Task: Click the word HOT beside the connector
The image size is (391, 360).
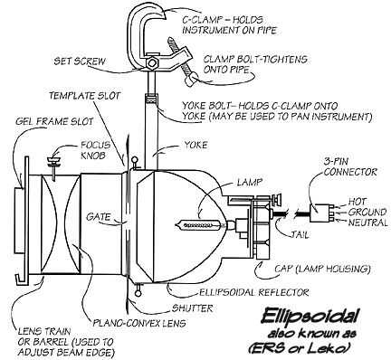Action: point(358,202)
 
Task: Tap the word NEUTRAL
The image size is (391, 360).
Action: point(367,223)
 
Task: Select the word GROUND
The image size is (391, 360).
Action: point(367,213)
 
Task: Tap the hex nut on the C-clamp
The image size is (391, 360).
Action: point(152,63)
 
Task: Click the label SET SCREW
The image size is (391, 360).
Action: point(80,62)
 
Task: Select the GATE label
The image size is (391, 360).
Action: point(99,216)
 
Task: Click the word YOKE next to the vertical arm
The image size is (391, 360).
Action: point(195,145)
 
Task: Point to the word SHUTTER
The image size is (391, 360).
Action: point(193,308)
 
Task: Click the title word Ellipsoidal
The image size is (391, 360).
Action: point(310,317)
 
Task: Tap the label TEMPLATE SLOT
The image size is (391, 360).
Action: point(85,96)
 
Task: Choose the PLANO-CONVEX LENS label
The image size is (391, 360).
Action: point(139,323)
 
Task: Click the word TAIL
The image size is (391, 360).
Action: point(300,234)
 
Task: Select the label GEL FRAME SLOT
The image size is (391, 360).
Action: point(54,121)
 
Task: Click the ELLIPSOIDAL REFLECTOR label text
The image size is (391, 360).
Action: point(254,292)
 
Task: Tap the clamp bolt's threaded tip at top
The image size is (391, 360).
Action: point(171,40)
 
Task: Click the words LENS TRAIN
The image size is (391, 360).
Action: point(44,332)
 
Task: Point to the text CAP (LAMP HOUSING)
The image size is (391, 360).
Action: point(322,269)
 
